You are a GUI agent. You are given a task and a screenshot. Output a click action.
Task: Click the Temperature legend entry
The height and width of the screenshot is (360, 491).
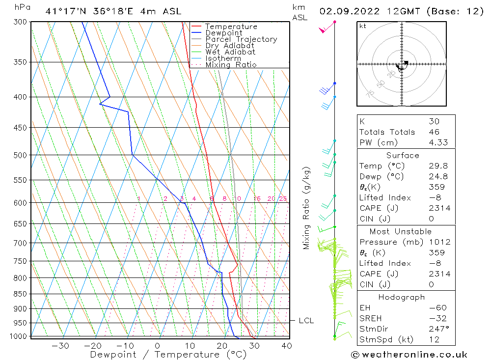[231, 27]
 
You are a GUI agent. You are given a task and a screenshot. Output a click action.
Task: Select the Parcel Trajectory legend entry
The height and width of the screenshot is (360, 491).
[241, 39]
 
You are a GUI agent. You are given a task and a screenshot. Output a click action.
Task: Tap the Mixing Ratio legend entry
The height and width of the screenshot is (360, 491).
[231, 65]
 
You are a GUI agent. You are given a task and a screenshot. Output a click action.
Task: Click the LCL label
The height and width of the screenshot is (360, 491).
[306, 321]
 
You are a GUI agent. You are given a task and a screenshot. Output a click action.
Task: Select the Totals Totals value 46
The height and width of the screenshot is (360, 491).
[434, 132]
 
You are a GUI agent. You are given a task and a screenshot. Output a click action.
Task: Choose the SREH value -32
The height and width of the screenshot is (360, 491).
[436, 318]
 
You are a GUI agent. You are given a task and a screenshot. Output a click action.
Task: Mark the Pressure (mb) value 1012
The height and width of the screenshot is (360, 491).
[438, 242]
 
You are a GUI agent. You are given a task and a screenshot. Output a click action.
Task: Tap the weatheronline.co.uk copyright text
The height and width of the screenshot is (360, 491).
[409, 355]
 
